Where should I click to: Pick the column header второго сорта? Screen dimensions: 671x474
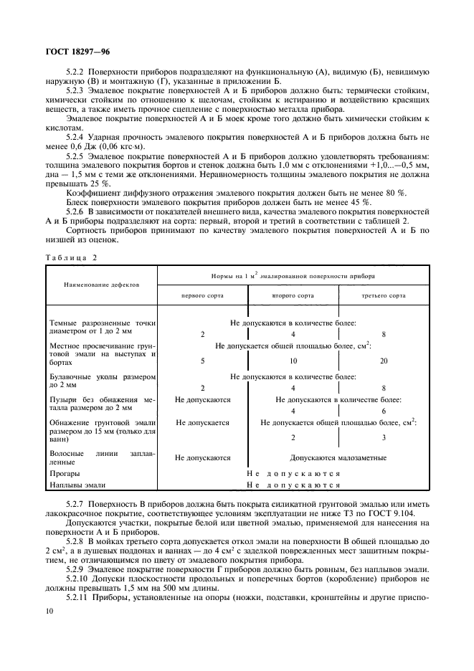(x=293, y=295)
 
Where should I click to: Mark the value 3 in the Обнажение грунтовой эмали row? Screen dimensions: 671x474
(x=384, y=437)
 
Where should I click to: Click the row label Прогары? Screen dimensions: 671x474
(x=65, y=473)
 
